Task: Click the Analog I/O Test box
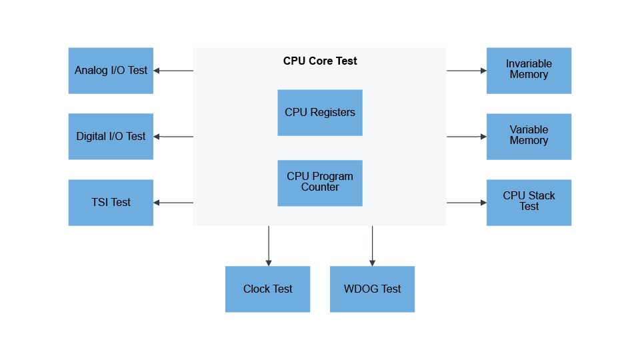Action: pyautogui.click(x=111, y=71)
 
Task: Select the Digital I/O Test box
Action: pyautogui.click(x=111, y=137)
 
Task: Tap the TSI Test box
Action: pyautogui.click(x=111, y=203)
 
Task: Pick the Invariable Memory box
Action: pyautogui.click(x=529, y=71)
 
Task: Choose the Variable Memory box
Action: pyautogui.click(x=529, y=137)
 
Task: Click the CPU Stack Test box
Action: pyautogui.click(x=529, y=203)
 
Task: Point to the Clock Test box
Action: pyautogui.click(x=267, y=289)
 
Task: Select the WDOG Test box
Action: pyautogui.click(x=372, y=289)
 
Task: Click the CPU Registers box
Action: pyautogui.click(x=320, y=113)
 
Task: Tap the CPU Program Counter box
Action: pyautogui.click(x=320, y=183)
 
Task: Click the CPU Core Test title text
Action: pyautogui.click(x=320, y=61)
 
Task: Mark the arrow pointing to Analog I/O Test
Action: pyautogui.click(x=173, y=71)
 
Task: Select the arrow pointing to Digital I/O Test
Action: pyautogui.click(x=173, y=137)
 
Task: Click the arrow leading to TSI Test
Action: pyautogui.click(x=173, y=203)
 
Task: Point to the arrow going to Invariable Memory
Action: pyautogui.click(x=467, y=71)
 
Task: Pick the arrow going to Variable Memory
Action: pyautogui.click(x=467, y=137)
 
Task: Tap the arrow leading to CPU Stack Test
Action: pyautogui.click(x=467, y=203)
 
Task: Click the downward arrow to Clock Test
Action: pyautogui.click(x=269, y=246)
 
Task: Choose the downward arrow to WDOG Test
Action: pyautogui.click(x=372, y=246)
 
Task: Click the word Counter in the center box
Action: pyautogui.click(x=320, y=187)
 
